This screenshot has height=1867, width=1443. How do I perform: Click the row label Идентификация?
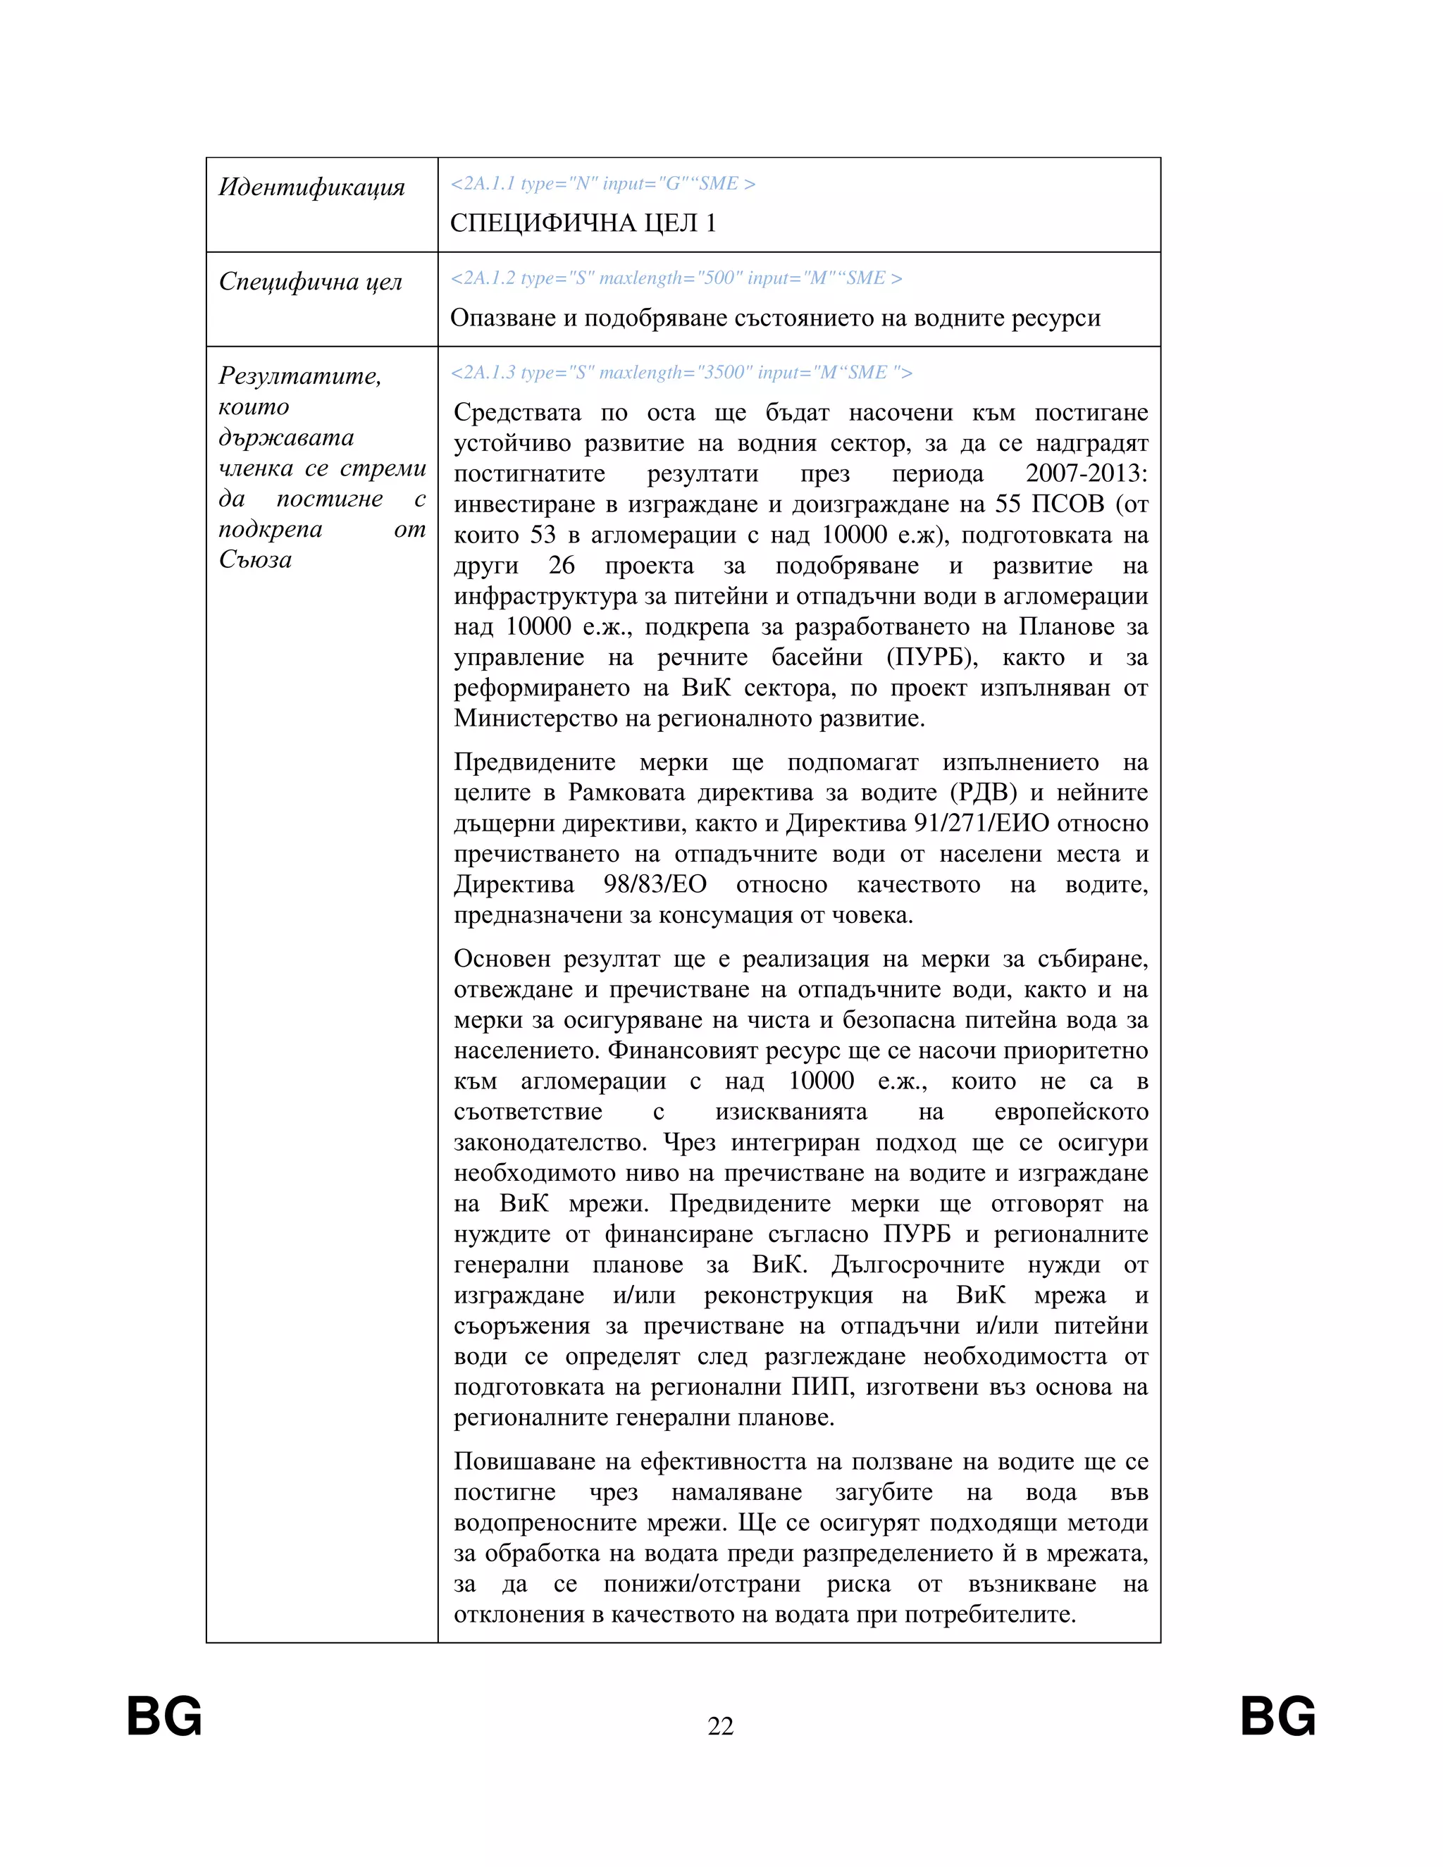click(311, 187)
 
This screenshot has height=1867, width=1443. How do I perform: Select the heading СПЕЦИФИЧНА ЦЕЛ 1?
click(583, 223)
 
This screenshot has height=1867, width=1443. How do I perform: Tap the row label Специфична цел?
click(310, 281)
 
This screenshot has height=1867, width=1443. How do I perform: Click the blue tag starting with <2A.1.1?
click(602, 184)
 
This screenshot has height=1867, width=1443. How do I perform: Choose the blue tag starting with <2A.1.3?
click(681, 373)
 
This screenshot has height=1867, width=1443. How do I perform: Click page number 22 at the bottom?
click(721, 1726)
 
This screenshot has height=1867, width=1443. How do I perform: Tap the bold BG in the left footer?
click(164, 1716)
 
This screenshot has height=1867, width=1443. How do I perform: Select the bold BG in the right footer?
click(1278, 1716)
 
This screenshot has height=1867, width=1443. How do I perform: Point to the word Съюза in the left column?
click(255, 560)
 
